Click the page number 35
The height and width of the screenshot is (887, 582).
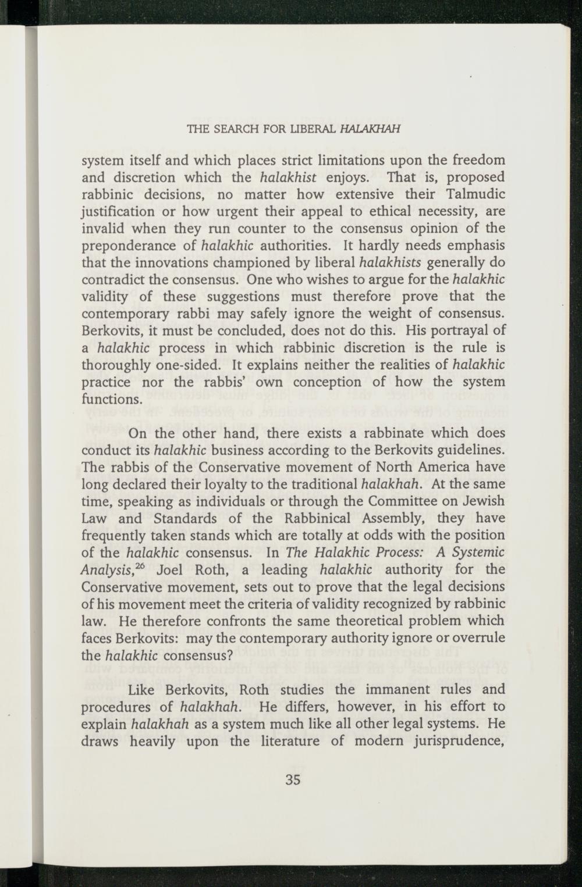click(x=293, y=779)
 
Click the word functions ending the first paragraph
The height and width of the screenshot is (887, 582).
click(x=111, y=400)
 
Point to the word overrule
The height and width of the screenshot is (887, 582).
click(x=477, y=637)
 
